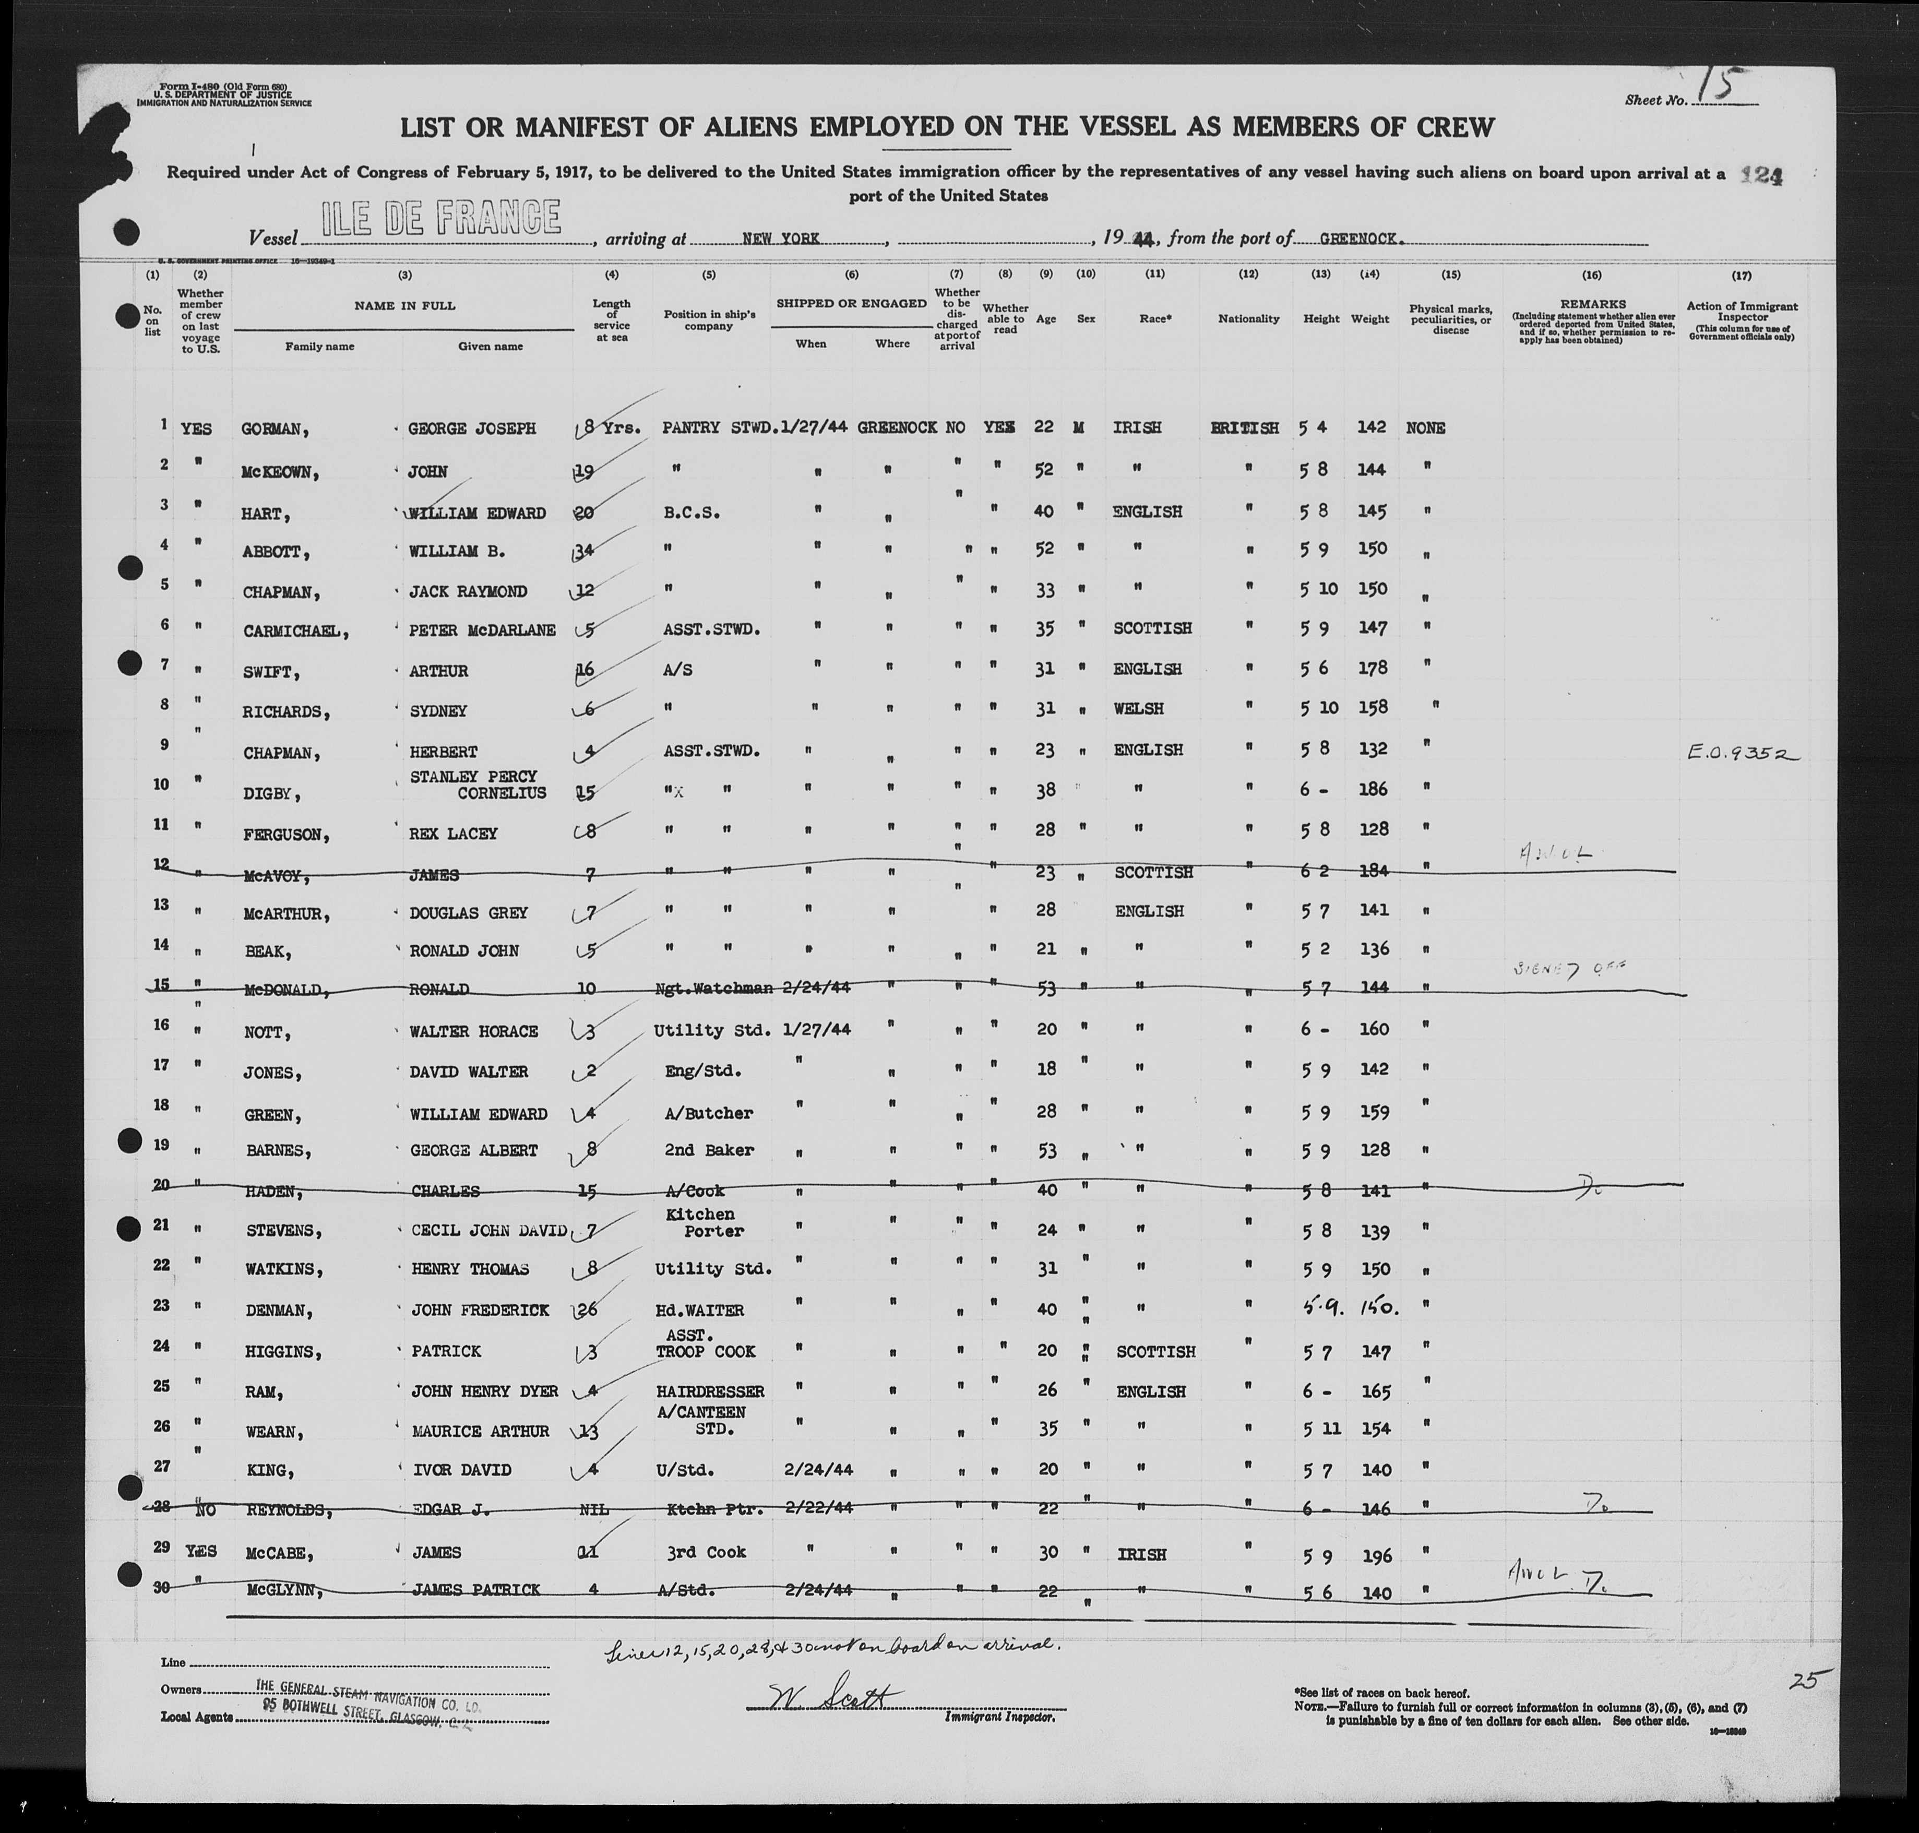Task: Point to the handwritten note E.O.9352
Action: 1742,753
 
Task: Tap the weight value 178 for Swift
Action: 1372,668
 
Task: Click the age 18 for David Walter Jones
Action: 1046,1069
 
